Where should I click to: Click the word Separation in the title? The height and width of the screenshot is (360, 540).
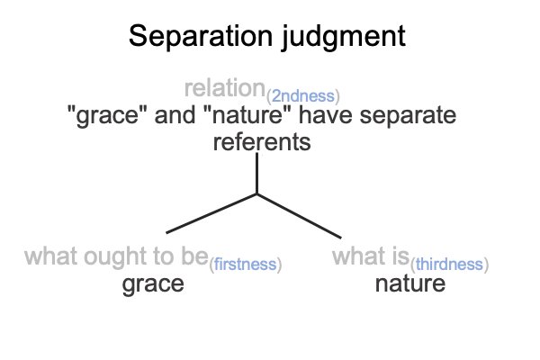201,35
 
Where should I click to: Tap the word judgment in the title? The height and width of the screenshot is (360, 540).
344,37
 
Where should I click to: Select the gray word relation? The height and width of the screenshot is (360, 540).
224,88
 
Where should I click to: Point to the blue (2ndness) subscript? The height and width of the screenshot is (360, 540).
303,96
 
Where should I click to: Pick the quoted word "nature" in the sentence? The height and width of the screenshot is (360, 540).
247,114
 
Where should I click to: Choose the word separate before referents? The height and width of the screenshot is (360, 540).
408,115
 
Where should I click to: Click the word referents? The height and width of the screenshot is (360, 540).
262,142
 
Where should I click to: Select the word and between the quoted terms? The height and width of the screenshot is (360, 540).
175,114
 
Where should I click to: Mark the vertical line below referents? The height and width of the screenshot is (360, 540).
256,174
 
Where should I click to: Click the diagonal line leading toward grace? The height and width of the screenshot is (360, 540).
211,213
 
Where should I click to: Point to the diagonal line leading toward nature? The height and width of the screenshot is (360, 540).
300,216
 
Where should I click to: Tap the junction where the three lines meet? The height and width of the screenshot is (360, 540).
256,194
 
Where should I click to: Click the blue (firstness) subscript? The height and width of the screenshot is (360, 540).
246,265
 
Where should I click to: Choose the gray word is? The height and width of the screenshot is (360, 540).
400,256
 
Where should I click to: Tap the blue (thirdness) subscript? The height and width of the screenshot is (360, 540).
449,265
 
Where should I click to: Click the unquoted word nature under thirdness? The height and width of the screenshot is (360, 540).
410,283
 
